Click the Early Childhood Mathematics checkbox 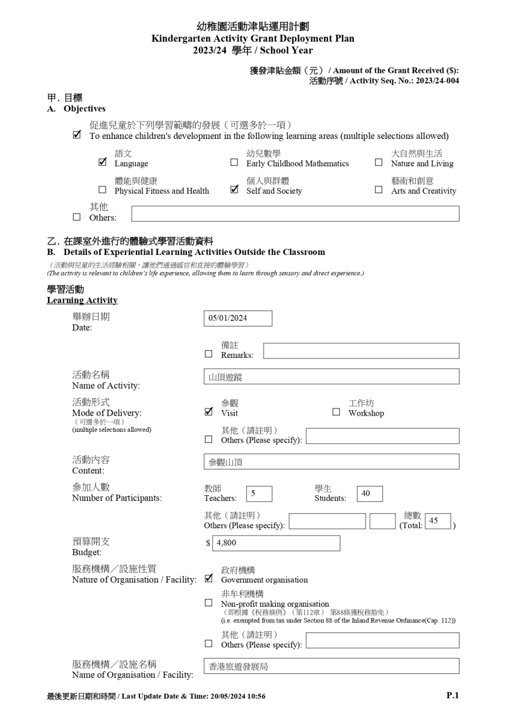pyautogui.click(x=234, y=163)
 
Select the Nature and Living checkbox pyautogui.click(x=379, y=163)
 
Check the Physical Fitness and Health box pyautogui.click(x=102, y=190)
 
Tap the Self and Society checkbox pyautogui.click(x=234, y=190)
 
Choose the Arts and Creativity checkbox pyautogui.click(x=379, y=190)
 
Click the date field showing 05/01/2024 pyautogui.click(x=238, y=318)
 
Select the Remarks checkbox pyautogui.click(x=209, y=355)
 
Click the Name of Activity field pyautogui.click(x=331, y=377)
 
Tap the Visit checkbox pyautogui.click(x=209, y=412)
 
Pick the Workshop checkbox pyautogui.click(x=336, y=412)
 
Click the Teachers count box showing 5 pyautogui.click(x=259, y=493)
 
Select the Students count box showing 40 pyautogui.click(x=369, y=493)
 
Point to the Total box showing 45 pyautogui.click(x=438, y=521)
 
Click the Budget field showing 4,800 pyautogui.click(x=277, y=543)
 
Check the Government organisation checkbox pyautogui.click(x=209, y=578)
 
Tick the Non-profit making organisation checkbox pyautogui.click(x=209, y=603)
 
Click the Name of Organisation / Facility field pyautogui.click(x=331, y=667)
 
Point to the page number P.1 pyautogui.click(x=452, y=695)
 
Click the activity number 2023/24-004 pyautogui.click(x=437, y=81)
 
